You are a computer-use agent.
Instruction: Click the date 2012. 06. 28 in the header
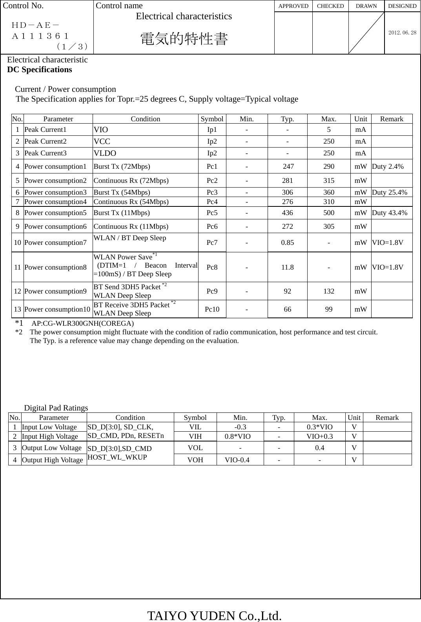pos(402,33)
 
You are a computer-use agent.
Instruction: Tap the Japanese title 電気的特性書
pos(184,39)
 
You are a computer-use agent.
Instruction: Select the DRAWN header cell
pos(366,6)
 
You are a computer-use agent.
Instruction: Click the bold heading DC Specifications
pos(40,69)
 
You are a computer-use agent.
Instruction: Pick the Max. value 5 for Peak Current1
pos(329,130)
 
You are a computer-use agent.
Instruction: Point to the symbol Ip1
pos(212,130)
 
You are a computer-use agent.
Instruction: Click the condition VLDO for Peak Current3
pos(105,153)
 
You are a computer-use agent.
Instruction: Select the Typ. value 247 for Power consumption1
pos(288,166)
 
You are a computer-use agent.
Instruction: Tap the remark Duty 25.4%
pos(389,192)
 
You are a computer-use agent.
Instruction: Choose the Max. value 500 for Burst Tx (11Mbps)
pos(329,213)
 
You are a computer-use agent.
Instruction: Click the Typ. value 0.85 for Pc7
pos(288,243)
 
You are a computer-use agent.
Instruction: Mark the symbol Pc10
pos(212,309)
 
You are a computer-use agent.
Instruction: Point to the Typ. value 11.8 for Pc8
pos(288,267)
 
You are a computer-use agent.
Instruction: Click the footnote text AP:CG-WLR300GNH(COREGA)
pos(82,324)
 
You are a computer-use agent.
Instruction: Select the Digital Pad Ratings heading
pos(56,408)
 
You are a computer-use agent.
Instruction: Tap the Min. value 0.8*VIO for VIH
pos(237,436)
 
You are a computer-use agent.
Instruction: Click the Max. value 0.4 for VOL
pos(320,448)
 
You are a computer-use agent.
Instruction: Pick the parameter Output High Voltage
pos(52,460)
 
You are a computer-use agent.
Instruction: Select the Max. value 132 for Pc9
pos(329,291)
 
